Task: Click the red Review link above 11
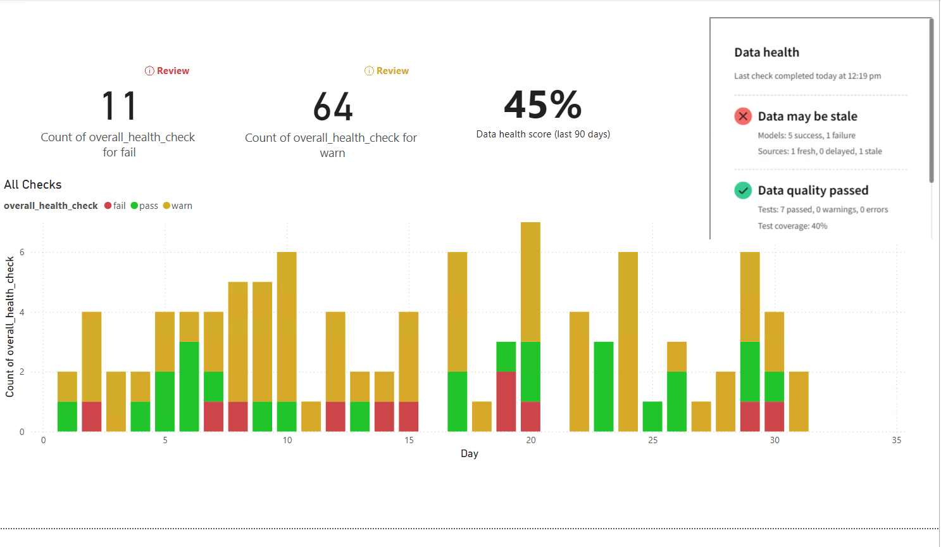pos(167,71)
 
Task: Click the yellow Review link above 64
pos(387,71)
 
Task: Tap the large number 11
pos(119,106)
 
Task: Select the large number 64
pos(333,106)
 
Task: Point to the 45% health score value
pos(543,104)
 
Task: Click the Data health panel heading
pos(766,53)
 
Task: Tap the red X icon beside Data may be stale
pos(743,116)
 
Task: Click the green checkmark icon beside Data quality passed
pos(743,191)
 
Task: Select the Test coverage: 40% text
pos(792,226)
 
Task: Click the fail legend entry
pos(115,206)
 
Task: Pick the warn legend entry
pos(178,206)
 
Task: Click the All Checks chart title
pos(33,185)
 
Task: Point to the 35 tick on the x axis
pos(896,440)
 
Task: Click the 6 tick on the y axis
pos(22,252)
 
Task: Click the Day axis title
pos(470,453)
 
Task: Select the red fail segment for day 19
pos(506,401)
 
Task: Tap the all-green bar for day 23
pos(604,386)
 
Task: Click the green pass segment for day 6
pos(189,386)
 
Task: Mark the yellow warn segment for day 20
pos(530,282)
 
